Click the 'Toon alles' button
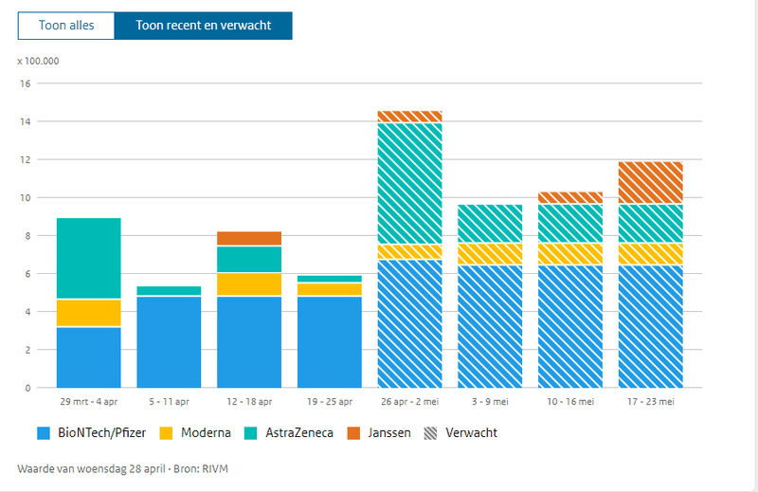pos(66,26)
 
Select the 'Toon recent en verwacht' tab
pos(203,26)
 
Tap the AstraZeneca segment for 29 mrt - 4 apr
pos(89,259)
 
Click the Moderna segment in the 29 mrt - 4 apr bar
pos(89,313)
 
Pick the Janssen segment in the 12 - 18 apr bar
pos(249,238)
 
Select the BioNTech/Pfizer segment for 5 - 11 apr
pos(169,341)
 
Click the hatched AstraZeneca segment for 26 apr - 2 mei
pos(410,184)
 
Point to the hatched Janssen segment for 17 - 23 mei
pos(650,183)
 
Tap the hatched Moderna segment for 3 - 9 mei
pos(490,254)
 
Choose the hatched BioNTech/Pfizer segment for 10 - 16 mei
pos(570,326)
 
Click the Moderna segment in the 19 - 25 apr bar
pos(330,289)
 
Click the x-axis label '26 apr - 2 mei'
pos(410,402)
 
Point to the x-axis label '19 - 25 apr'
pos(330,402)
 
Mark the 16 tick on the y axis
pos(27,83)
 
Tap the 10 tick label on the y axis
pos(27,198)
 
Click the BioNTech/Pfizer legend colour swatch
pos(44,433)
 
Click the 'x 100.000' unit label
pos(39,61)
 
